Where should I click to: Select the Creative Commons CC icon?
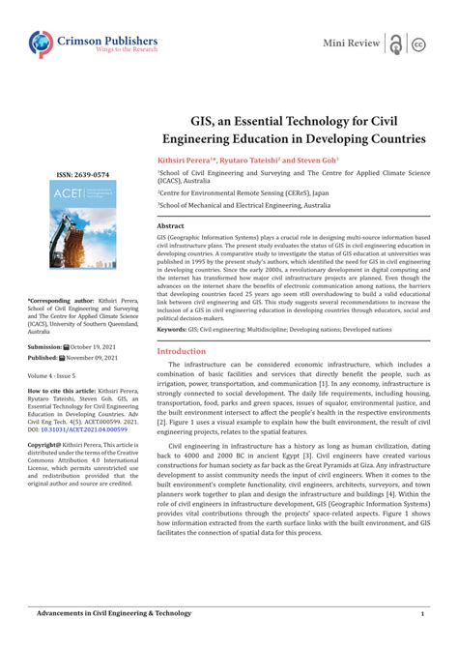418,44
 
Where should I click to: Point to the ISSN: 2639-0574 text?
80,176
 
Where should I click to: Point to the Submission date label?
44,346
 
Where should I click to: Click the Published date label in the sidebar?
43,357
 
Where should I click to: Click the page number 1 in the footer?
422,614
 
